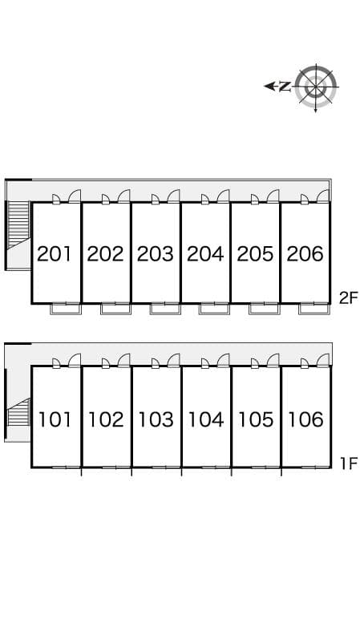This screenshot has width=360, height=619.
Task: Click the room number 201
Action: tap(55, 254)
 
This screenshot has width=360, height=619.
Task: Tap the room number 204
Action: tap(205, 254)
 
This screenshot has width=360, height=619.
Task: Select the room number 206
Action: tap(305, 254)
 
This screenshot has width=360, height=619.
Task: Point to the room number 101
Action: tap(55, 419)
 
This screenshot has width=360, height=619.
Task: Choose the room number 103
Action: tap(155, 419)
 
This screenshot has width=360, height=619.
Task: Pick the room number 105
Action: tap(256, 419)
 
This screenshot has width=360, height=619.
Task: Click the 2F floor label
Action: tap(348, 297)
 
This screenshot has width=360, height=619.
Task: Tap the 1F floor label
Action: tap(349, 463)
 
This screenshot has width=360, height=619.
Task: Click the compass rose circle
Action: tap(316, 87)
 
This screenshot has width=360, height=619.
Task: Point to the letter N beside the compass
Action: tap(285, 86)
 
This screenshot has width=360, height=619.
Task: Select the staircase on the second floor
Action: tap(18, 225)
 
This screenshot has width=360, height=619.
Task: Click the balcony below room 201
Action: tap(66, 309)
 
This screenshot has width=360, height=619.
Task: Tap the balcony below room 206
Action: tap(313, 309)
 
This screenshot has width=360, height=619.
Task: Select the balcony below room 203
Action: tap(165, 309)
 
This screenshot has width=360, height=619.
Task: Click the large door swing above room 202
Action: tap(124, 196)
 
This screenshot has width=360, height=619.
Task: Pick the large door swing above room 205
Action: tap(273, 196)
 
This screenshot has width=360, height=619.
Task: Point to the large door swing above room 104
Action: tap(224, 361)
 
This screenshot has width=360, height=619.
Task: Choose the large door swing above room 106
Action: tap(323, 361)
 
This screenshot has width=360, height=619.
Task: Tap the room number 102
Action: tap(105, 419)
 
